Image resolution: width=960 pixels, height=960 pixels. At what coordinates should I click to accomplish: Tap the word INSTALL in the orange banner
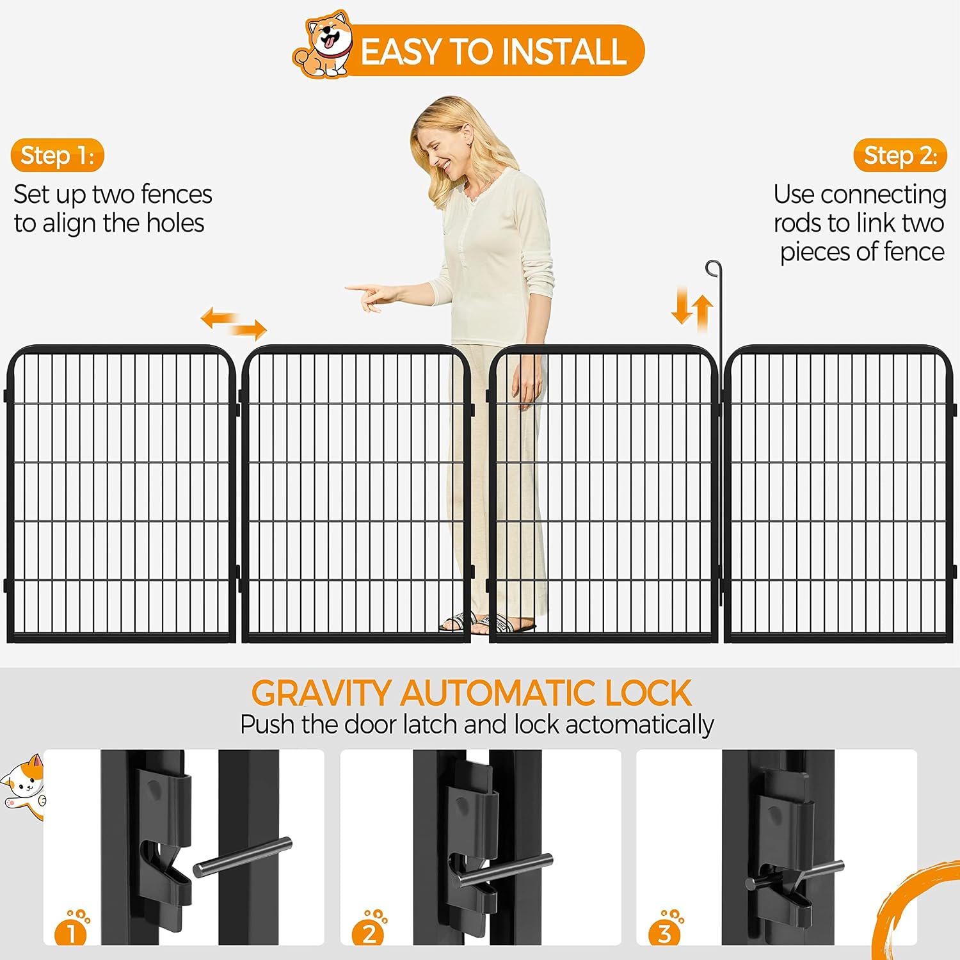563,52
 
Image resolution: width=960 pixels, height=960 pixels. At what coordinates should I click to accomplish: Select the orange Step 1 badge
57,156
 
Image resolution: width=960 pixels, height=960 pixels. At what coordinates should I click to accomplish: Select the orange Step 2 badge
900,156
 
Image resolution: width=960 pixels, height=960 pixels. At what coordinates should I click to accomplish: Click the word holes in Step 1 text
175,223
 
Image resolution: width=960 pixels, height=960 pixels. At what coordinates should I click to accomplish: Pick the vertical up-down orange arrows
692,308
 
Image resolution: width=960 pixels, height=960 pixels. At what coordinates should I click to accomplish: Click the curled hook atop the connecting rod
713,268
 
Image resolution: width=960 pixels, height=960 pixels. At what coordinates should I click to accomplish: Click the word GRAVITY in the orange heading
321,693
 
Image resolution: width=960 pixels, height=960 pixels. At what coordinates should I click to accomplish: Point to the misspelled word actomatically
639,725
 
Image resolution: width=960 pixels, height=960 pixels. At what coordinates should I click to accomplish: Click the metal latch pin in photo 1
243,857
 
